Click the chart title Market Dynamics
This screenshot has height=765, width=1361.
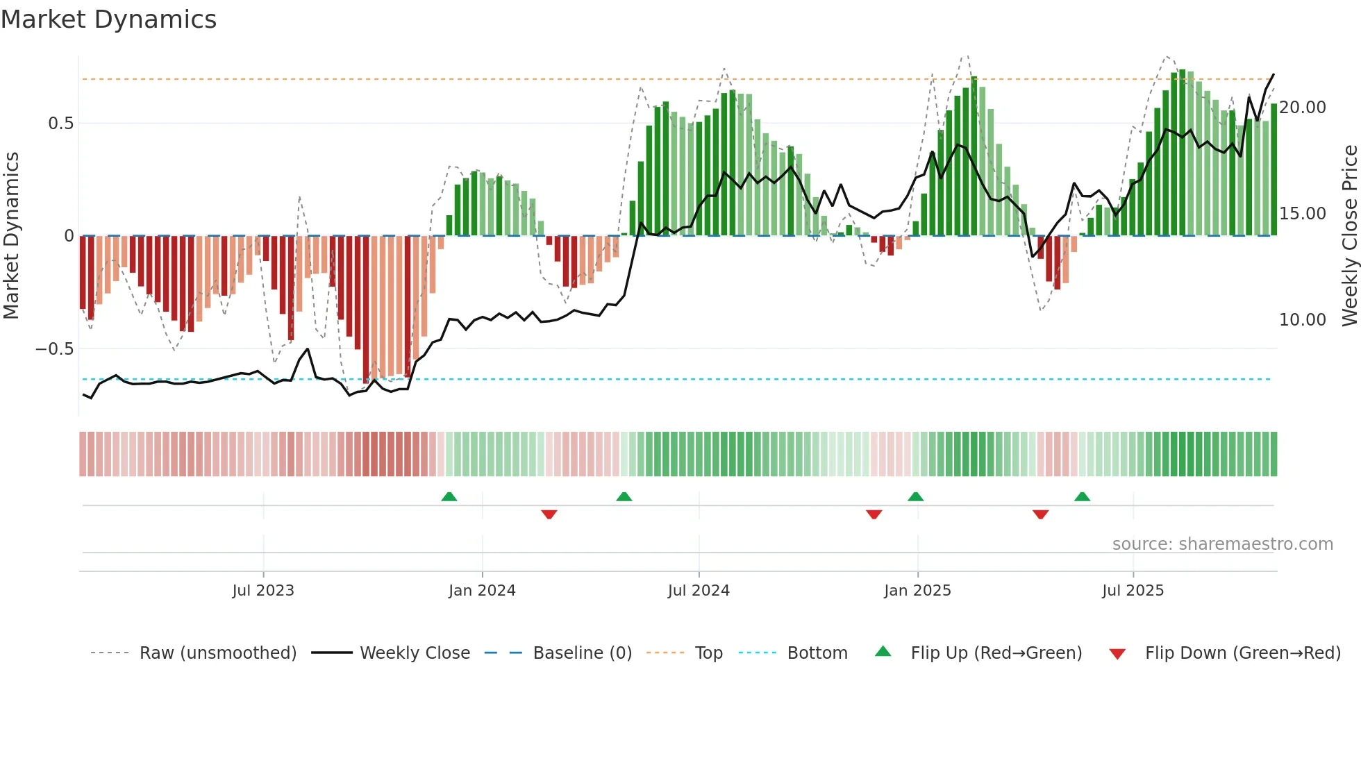point(108,19)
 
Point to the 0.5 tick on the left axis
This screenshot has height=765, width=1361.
point(60,124)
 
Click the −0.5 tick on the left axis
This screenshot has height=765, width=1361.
point(55,348)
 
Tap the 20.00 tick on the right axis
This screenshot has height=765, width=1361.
point(1303,108)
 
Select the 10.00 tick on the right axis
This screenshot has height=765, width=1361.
point(1303,320)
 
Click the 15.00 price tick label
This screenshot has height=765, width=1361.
point(1303,214)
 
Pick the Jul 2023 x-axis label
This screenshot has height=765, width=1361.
point(263,591)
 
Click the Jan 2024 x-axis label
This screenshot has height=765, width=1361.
point(482,591)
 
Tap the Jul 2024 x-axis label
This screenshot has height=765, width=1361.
point(699,591)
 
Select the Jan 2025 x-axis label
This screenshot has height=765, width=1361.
point(917,591)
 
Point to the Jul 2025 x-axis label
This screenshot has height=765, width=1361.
point(1133,591)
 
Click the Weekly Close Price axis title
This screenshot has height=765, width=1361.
point(1349,235)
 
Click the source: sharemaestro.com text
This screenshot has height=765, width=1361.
point(1222,544)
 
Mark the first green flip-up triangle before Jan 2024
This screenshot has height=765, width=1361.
point(449,496)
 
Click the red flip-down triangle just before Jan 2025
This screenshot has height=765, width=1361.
point(874,514)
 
